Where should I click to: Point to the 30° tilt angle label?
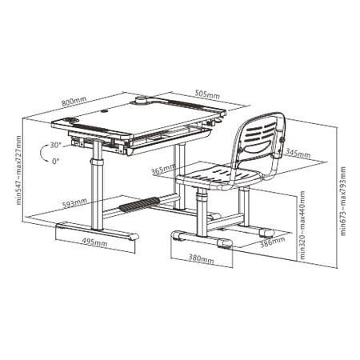(54, 146)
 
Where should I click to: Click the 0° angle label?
(54, 161)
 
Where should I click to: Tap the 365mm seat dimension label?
(162, 170)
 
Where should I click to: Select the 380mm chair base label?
(202, 259)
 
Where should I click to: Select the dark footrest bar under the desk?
(137, 207)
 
